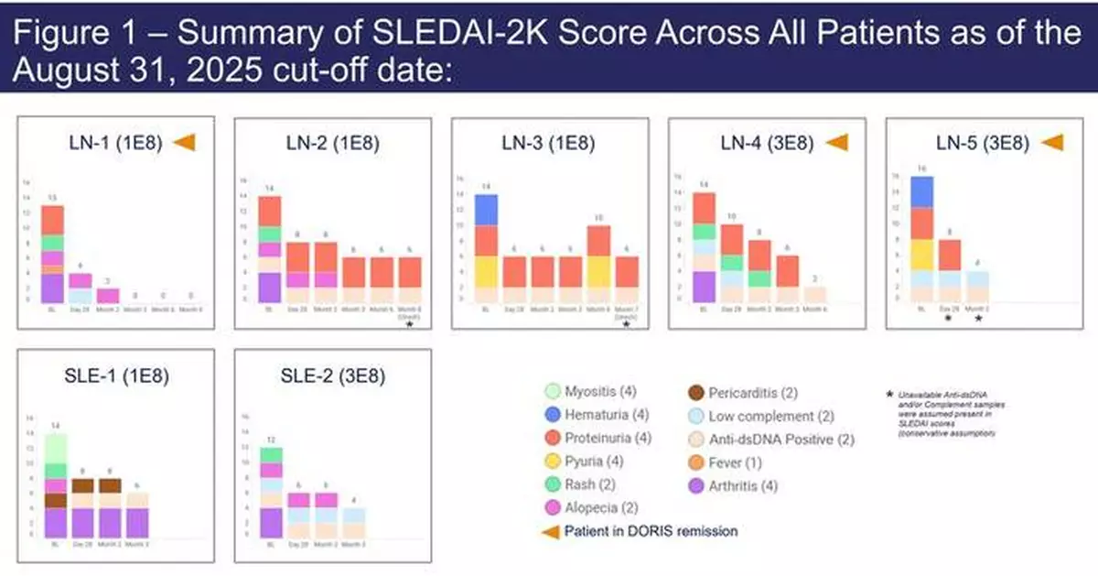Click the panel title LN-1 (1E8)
(105, 142)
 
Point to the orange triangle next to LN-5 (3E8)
(1052, 143)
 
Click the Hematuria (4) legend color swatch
(552, 414)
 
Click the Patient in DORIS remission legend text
(650, 530)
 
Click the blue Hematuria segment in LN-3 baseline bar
(486, 210)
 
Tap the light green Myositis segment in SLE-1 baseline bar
(56, 449)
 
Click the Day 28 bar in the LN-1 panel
(80, 288)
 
